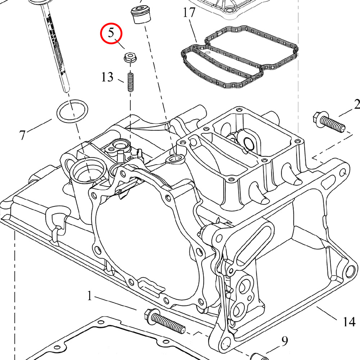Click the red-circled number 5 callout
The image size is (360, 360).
111,33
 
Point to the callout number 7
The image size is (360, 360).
22,135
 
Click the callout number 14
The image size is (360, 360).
349,321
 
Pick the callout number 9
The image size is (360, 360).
284,341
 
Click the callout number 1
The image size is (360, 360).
90,296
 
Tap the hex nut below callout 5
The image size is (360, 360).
130,57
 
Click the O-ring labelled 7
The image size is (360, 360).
72,112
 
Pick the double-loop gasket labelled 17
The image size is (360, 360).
238,56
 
